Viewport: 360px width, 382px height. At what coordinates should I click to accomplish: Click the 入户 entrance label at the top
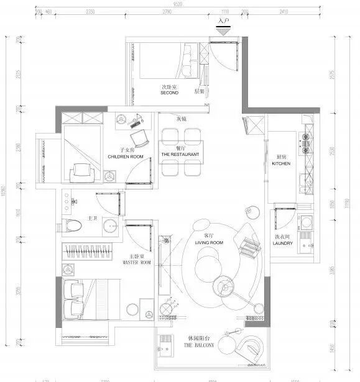pos(224,21)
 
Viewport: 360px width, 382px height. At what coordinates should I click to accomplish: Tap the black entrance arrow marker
pos(224,28)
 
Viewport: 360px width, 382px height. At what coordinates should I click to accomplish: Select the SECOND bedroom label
pos(169,93)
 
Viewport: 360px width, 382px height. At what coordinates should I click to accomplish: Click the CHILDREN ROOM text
pos(126,157)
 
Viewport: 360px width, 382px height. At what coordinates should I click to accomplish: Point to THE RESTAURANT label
pos(180,154)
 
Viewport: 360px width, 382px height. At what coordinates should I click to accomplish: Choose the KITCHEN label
pos(281,163)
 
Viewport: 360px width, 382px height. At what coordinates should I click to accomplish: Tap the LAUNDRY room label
pos(282,243)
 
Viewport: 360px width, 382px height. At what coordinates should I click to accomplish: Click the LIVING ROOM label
pos(208,243)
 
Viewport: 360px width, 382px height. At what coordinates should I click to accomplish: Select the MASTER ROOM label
pos(136,262)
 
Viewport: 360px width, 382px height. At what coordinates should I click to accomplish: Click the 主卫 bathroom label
pos(92,218)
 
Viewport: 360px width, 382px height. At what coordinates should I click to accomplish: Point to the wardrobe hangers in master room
pos(88,251)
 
